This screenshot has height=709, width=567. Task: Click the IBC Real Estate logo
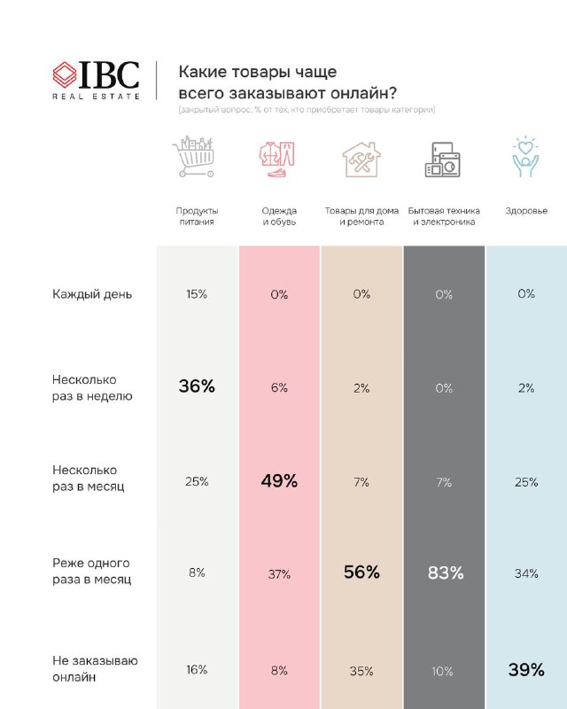coord(96,80)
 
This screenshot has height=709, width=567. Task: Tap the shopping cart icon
coord(193,157)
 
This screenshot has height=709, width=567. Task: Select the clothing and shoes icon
coord(276,159)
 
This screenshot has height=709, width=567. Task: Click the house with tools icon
coord(361,160)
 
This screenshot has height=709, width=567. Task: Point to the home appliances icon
coord(443,160)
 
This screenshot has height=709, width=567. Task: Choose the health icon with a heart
coord(525,157)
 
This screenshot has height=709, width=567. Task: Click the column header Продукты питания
coord(197,216)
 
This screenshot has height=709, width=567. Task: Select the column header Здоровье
coord(526,211)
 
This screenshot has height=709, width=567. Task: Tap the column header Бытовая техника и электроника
coord(444,216)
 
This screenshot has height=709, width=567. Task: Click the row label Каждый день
coord(92,294)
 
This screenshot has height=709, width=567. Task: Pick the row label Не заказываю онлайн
coord(95,669)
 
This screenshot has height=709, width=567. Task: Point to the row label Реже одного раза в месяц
coord(92,571)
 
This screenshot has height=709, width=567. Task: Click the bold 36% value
coord(197,386)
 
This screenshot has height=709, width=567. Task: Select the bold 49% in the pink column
coord(279,480)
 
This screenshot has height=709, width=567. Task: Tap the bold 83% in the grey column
coord(446,573)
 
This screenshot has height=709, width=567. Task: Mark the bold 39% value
coord(526,670)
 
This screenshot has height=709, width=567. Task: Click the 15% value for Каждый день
coord(197,294)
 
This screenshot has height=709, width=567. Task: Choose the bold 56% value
coord(361,572)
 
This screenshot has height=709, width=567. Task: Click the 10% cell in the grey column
coord(442,672)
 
